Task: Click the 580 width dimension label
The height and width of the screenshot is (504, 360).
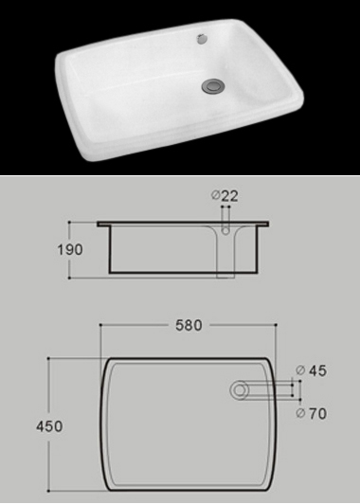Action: click(x=189, y=325)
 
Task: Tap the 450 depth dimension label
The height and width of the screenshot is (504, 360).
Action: click(x=49, y=426)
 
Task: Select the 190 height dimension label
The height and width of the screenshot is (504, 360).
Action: click(x=70, y=250)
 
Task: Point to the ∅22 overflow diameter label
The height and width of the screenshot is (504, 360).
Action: click(x=225, y=196)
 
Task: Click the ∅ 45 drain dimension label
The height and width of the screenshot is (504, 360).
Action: click(x=311, y=370)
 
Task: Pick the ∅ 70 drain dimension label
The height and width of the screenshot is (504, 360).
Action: click(x=311, y=413)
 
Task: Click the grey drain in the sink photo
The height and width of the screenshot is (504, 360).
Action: click(x=213, y=86)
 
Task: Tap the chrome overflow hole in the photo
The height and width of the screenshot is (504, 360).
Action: click(x=202, y=39)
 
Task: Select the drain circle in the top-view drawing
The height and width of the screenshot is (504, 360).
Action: click(x=240, y=390)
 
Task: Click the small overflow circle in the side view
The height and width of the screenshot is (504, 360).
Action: click(x=226, y=230)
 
